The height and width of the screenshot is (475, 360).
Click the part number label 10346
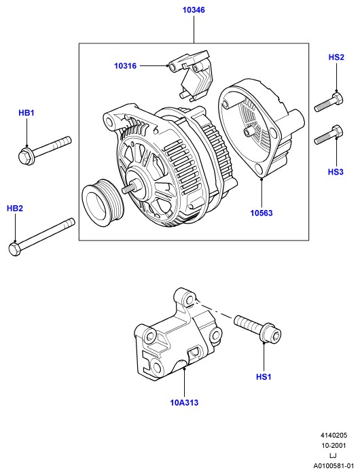point(194,10)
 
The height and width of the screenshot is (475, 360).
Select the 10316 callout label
point(126,66)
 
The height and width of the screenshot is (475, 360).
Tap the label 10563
point(262,213)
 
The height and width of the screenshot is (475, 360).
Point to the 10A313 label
point(184,402)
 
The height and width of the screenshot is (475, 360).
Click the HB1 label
point(26,113)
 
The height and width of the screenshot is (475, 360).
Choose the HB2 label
point(15,209)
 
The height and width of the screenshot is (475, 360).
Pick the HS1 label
point(264,377)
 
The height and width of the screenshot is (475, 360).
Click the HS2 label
point(336,57)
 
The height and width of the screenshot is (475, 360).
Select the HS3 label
point(336,172)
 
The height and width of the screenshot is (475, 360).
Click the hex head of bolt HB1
point(25,156)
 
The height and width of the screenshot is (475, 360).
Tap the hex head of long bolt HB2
point(14,249)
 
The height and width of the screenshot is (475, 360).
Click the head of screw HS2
point(338,99)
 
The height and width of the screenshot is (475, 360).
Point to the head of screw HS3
point(338,132)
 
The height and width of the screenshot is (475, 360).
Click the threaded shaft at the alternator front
point(128,188)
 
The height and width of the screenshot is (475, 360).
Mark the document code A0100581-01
point(334,465)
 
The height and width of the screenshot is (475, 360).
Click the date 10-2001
point(334,446)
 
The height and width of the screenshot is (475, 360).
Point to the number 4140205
point(334,436)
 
